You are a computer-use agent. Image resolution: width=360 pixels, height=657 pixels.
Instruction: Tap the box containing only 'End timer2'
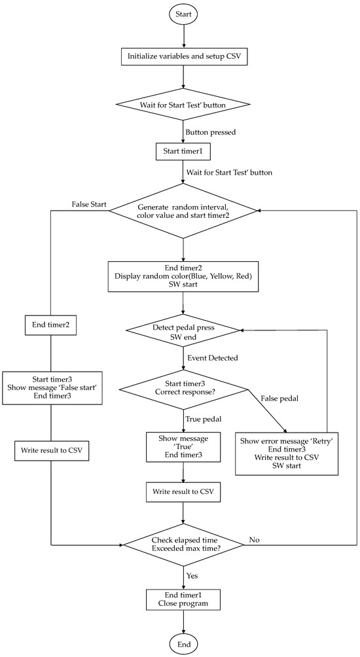tap(52, 324)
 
